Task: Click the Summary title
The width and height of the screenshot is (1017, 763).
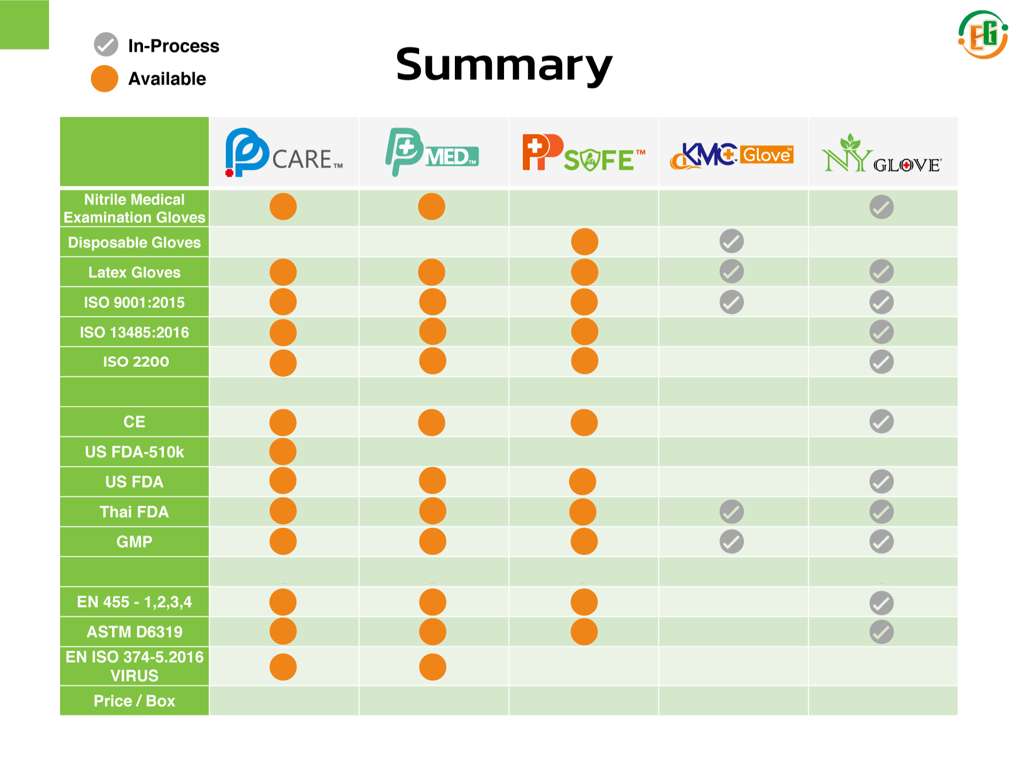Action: (504, 65)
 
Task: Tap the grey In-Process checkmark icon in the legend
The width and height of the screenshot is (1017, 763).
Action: (106, 45)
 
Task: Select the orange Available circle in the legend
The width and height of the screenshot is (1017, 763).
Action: (104, 78)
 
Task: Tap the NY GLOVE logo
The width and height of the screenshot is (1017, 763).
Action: (881, 154)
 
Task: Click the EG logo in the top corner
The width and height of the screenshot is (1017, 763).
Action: (983, 35)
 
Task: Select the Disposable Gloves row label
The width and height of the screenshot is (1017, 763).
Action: (134, 242)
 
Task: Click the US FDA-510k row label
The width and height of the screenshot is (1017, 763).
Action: (134, 452)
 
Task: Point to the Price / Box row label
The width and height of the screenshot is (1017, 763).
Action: (134, 701)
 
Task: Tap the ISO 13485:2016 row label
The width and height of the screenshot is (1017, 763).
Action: (134, 332)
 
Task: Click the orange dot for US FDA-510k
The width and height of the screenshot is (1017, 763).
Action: (283, 452)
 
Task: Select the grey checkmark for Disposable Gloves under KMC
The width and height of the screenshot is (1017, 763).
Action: (731, 241)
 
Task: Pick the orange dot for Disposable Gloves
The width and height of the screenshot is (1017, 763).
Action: (584, 242)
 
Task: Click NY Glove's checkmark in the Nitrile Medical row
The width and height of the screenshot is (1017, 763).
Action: (881, 207)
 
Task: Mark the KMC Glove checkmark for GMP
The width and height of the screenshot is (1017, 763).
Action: (731, 541)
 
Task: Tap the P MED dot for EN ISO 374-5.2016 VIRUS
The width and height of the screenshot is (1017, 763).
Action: (433, 667)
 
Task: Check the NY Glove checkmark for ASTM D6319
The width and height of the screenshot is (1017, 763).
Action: (881, 632)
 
